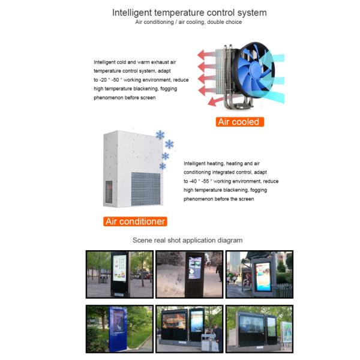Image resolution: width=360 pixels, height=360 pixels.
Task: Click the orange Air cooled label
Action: pyautogui.click(x=239, y=122)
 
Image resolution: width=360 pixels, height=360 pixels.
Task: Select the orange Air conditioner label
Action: pyautogui.click(x=135, y=221)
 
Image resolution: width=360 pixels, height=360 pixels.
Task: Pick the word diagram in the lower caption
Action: pyautogui.click(x=229, y=241)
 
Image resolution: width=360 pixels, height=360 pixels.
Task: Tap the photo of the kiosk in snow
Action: pyautogui.click(x=188, y=274)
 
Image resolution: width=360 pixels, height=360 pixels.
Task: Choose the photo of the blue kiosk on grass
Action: pyautogui.click(x=119, y=329)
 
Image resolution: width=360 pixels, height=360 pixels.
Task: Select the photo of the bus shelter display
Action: pyautogui.click(x=259, y=274)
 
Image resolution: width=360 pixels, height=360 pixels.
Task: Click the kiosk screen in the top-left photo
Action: pyautogui.click(x=119, y=269)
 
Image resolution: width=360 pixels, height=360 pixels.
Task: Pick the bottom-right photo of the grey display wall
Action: pyautogui.click(x=259, y=329)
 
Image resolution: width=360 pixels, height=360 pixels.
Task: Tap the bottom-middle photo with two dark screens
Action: pyautogui.click(x=188, y=329)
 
